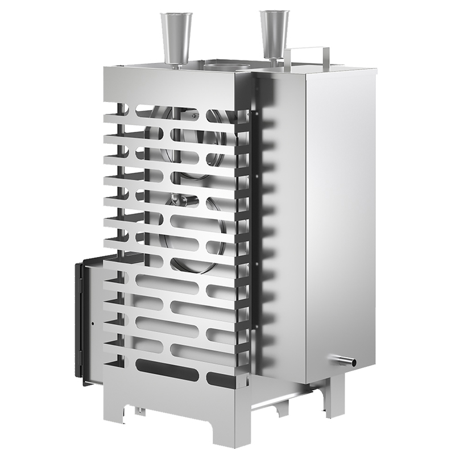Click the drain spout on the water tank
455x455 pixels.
point(344,359)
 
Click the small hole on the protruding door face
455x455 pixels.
point(93,325)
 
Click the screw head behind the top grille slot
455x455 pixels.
point(195,116)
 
